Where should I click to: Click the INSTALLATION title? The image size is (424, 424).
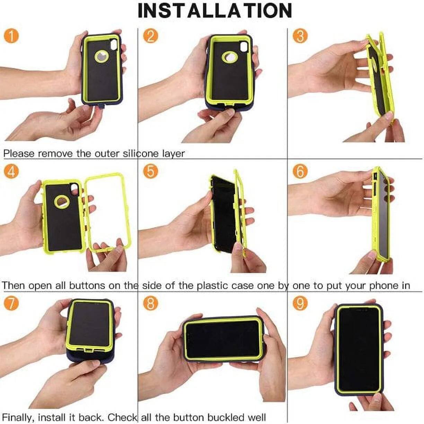[215, 10]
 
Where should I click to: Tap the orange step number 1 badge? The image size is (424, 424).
[11, 36]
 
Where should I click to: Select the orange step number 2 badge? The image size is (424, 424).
[150, 36]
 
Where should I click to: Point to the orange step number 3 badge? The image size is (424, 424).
[300, 36]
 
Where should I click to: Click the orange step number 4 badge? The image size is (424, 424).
[11, 171]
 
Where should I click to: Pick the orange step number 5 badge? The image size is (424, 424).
[150, 171]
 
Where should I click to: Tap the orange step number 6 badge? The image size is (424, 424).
[300, 171]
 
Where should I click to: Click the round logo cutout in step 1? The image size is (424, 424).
[102, 56]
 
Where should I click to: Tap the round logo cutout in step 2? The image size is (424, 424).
[230, 57]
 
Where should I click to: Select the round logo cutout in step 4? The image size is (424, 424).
[62, 201]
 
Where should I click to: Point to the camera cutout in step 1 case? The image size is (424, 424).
[114, 45]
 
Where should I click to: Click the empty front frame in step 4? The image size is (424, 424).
[108, 211]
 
